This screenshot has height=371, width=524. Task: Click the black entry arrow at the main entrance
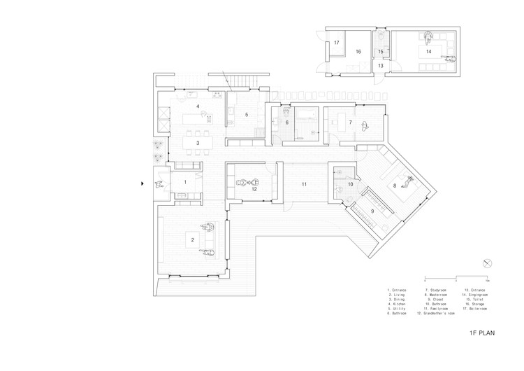click(x=144, y=183)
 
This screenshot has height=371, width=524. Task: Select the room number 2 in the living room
click(x=192, y=240)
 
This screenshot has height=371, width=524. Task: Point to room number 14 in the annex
click(x=428, y=52)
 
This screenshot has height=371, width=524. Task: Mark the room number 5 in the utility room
click(x=246, y=114)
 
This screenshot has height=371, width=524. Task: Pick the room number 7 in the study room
click(x=350, y=122)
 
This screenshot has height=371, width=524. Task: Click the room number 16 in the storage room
click(x=356, y=52)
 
